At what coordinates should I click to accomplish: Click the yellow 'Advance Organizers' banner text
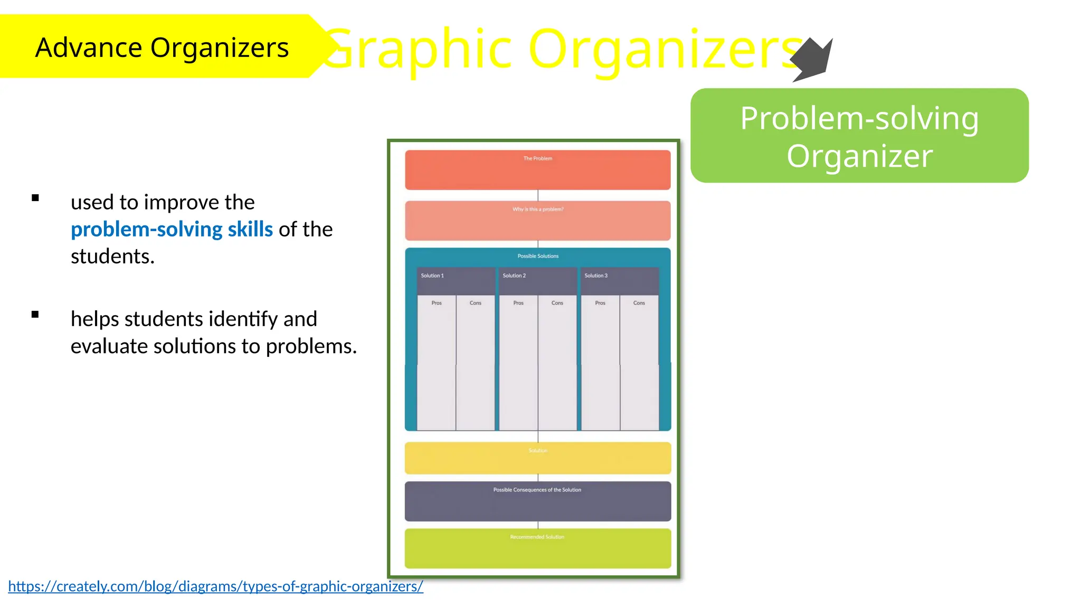tap(162, 47)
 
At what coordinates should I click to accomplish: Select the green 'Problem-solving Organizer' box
tap(859, 136)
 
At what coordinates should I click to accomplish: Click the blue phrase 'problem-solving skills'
tap(172, 230)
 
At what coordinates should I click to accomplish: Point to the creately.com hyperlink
tap(215, 586)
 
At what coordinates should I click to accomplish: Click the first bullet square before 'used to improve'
tap(35, 198)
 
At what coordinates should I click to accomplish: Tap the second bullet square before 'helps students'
tap(35, 315)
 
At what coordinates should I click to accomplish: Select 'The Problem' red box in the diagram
tap(537, 170)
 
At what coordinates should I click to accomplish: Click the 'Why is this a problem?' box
tap(537, 221)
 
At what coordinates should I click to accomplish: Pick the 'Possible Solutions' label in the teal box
tap(537, 256)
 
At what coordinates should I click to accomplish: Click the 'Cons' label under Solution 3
tap(639, 303)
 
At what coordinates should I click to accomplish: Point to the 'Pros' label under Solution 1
tap(437, 303)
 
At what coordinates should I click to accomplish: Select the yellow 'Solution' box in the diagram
tap(537, 458)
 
